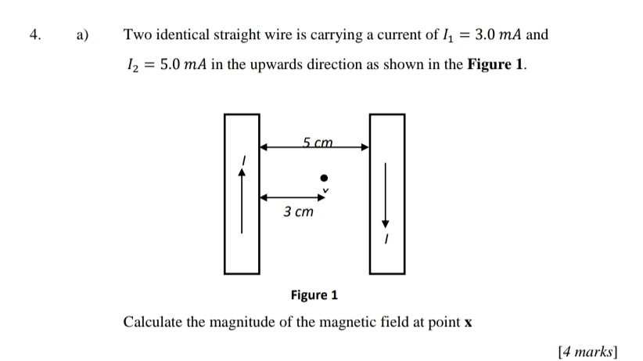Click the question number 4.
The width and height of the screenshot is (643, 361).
tap(34, 35)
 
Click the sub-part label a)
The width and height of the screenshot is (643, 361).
tap(83, 35)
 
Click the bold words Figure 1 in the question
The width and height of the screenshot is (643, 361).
tap(496, 65)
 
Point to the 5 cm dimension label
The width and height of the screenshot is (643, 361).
tap(318, 142)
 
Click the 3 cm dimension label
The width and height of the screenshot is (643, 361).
tap(298, 211)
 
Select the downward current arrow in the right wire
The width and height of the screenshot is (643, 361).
tap(386, 196)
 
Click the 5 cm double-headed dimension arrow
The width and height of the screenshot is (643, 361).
tap(314, 146)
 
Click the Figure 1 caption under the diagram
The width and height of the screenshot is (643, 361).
tap(314, 295)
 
